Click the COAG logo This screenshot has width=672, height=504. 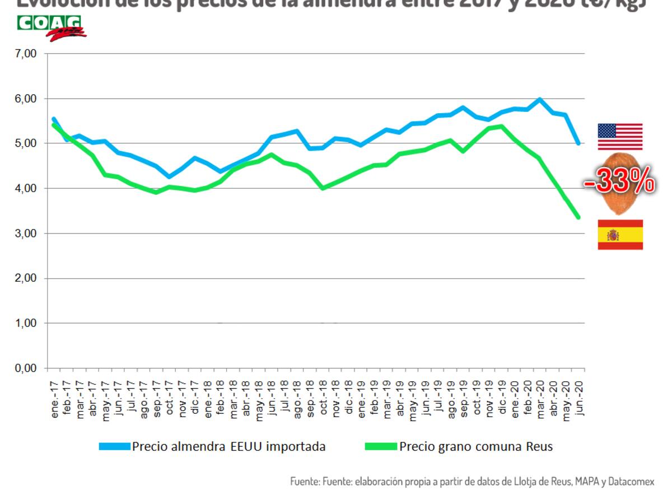coord(50,27)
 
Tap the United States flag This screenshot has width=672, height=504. coord(620,137)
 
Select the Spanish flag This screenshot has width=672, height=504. coord(620,235)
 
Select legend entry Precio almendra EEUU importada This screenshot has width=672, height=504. coord(228,446)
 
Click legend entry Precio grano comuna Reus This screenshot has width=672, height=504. coord(476,446)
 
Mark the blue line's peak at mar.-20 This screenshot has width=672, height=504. coord(539,100)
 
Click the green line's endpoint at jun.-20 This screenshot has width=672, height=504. coord(578,217)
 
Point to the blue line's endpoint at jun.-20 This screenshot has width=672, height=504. coord(578,144)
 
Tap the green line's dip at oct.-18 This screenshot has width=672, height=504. coord(323,188)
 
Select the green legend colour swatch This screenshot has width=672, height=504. coord(381,446)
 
